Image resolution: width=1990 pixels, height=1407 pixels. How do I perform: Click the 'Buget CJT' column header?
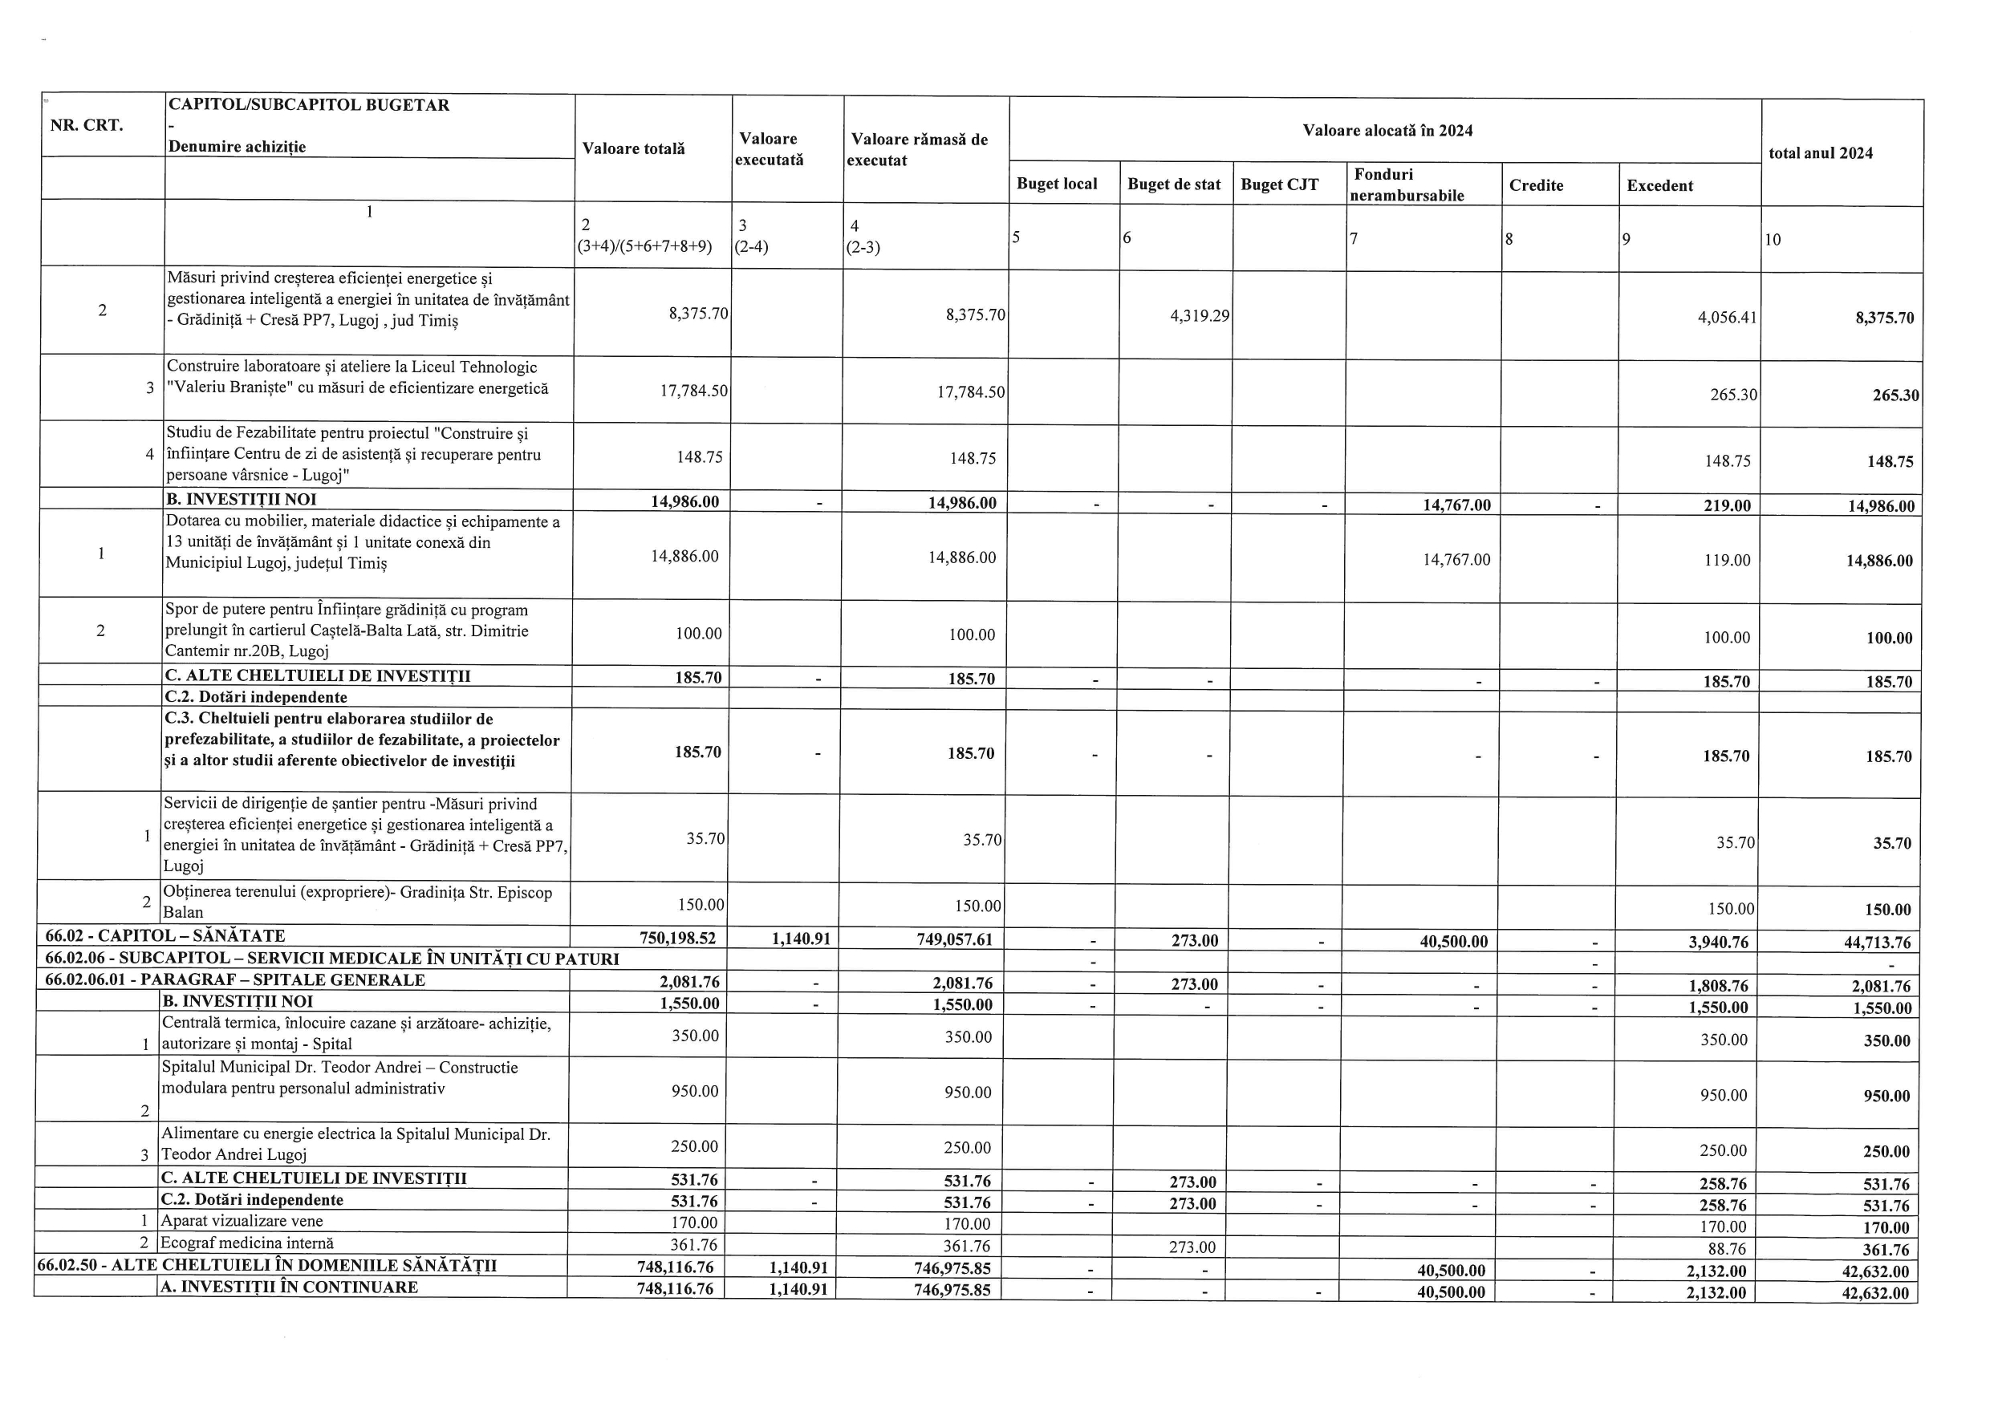pos(1279,184)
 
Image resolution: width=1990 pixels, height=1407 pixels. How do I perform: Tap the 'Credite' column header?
pos(1536,185)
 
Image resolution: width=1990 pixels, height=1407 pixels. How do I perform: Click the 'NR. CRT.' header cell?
pos(87,125)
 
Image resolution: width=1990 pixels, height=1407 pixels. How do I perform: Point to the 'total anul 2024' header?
pos(1820,153)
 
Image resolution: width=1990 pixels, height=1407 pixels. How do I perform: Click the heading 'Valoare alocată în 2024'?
pos(1387,131)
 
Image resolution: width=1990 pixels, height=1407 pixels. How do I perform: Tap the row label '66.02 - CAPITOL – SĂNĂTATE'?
pos(164,935)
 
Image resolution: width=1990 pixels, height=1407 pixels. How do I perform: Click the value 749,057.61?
pos(954,939)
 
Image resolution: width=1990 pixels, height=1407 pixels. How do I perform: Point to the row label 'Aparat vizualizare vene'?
pos(242,1221)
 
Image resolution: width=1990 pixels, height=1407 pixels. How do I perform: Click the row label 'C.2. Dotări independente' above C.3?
pos(256,696)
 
